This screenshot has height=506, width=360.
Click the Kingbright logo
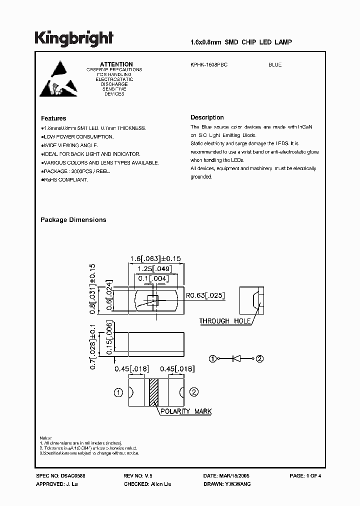(73, 39)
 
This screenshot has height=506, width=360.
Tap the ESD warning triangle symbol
(58, 79)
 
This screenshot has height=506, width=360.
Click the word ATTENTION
(116, 64)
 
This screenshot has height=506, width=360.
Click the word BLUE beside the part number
(275, 65)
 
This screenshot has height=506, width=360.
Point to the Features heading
(53, 118)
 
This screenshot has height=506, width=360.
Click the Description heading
(207, 117)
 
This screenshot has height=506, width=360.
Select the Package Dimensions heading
(73, 220)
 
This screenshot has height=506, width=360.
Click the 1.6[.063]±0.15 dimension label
(155, 258)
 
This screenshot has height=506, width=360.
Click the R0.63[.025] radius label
(205, 296)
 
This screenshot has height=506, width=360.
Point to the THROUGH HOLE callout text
(224, 321)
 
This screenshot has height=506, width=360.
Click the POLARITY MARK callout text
(185, 411)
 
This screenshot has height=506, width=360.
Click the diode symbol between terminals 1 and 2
(237, 358)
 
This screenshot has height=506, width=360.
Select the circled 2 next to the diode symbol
(259, 358)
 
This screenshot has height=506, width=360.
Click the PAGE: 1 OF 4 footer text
(305, 476)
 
